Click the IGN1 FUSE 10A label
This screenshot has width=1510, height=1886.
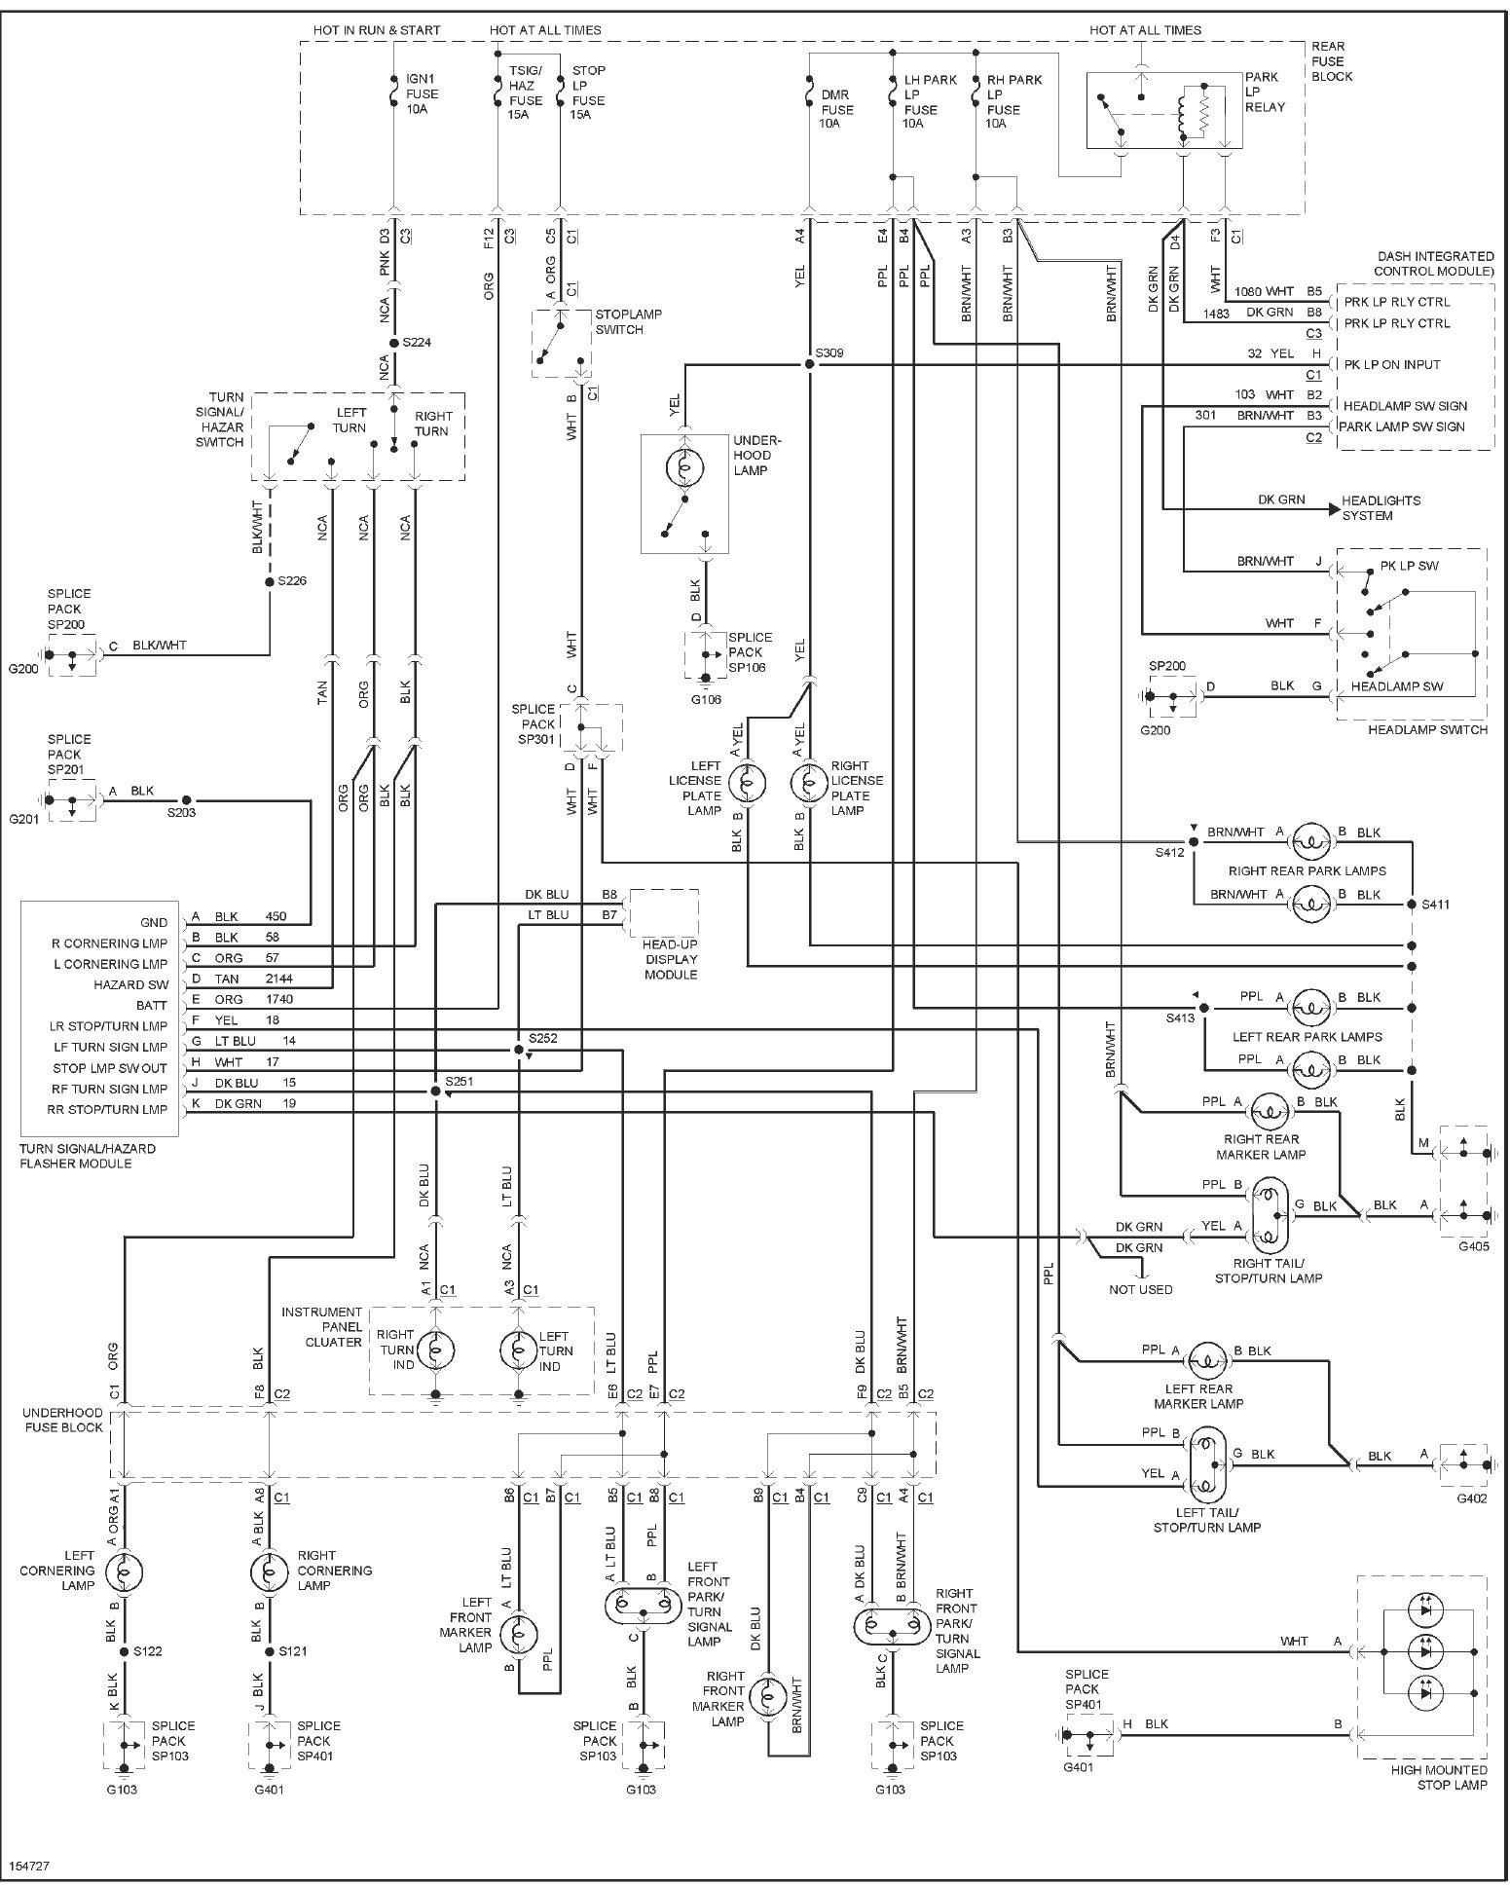(422, 93)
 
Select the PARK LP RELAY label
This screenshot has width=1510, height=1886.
(1265, 92)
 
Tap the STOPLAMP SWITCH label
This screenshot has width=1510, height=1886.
(628, 322)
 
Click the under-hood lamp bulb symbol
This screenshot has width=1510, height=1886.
(685, 468)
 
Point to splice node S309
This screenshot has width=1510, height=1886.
(809, 364)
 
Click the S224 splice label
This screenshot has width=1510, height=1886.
(415, 343)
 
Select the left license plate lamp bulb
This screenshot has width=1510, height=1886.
(748, 782)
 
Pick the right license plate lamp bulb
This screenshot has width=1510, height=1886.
(809, 782)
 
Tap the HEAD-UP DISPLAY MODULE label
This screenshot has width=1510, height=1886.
(671, 958)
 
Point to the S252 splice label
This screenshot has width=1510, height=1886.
(542, 1038)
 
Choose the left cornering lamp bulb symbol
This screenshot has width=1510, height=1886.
(124, 1571)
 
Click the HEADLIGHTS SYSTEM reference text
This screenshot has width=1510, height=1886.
(1381, 507)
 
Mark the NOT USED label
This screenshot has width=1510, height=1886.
(1141, 1289)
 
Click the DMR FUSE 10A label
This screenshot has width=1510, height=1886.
(836, 109)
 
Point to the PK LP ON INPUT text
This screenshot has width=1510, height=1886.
(1405, 364)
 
